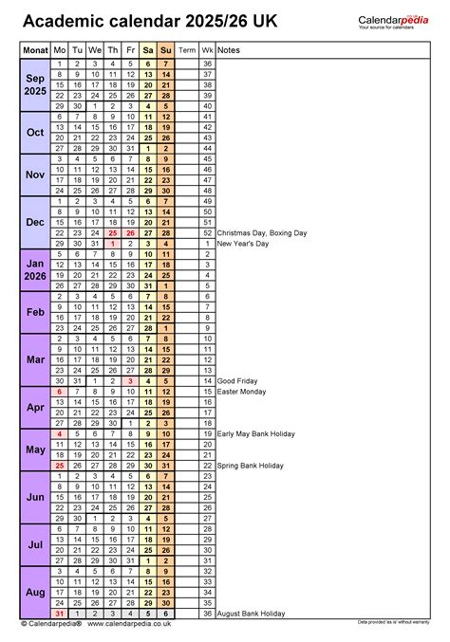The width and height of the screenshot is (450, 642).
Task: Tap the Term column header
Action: (x=187, y=49)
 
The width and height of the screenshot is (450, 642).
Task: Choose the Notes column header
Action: (x=228, y=49)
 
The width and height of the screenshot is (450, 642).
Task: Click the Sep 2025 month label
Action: (x=34, y=84)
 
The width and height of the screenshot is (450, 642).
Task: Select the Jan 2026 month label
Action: (x=34, y=269)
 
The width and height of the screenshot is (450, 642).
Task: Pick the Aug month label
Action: (x=34, y=592)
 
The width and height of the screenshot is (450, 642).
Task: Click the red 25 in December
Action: (x=113, y=232)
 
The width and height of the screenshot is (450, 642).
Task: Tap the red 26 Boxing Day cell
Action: (x=131, y=232)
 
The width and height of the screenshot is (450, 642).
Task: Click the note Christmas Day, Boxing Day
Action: (x=261, y=232)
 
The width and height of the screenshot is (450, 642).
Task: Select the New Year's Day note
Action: (x=243, y=244)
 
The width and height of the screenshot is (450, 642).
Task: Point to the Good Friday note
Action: (x=237, y=381)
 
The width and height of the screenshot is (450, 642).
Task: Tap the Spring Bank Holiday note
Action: (x=251, y=466)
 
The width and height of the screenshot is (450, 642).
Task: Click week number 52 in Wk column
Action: (x=207, y=232)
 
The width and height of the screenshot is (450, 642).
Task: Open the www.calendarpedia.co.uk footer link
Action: (x=128, y=624)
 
